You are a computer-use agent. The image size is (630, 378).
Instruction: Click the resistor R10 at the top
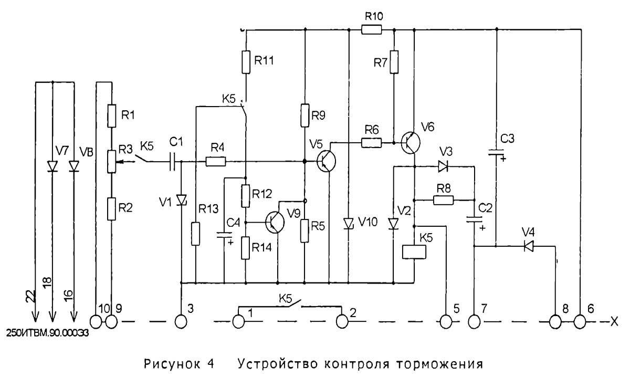(372, 30)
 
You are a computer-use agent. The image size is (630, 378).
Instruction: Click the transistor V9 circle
(275, 223)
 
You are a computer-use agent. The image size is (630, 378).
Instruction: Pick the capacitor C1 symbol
(174, 162)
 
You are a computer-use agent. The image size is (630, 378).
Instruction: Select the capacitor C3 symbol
(496, 152)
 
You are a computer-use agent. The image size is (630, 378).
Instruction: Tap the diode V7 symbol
(52, 165)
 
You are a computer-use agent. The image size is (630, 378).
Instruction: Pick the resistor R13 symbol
(195, 234)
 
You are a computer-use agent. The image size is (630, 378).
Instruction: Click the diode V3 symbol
(443, 167)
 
